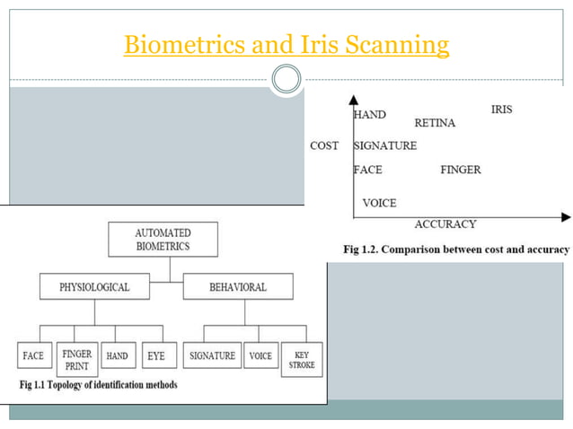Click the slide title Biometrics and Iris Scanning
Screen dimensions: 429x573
[286, 44]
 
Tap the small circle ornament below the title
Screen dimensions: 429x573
[286, 81]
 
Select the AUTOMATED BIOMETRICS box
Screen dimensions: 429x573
[163, 240]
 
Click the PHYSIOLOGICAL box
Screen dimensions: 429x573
[94, 287]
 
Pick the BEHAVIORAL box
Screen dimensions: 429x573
[237, 287]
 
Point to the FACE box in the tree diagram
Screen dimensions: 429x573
[33, 355]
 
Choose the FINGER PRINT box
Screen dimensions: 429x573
[76, 355]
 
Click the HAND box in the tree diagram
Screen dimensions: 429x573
[118, 355]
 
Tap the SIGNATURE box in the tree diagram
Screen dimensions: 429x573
[212, 355]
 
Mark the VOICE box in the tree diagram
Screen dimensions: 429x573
[260, 355]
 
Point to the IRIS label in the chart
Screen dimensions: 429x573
[501, 109]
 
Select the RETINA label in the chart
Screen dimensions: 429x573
[435, 123]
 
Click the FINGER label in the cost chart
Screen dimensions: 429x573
[461, 170]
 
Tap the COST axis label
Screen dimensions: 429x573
[324, 145]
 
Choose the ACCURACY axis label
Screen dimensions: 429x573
[445, 224]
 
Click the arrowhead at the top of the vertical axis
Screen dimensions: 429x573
[356, 101]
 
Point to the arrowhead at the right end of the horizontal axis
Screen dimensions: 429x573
[565, 216]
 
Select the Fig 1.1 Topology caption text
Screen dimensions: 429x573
[98, 385]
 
